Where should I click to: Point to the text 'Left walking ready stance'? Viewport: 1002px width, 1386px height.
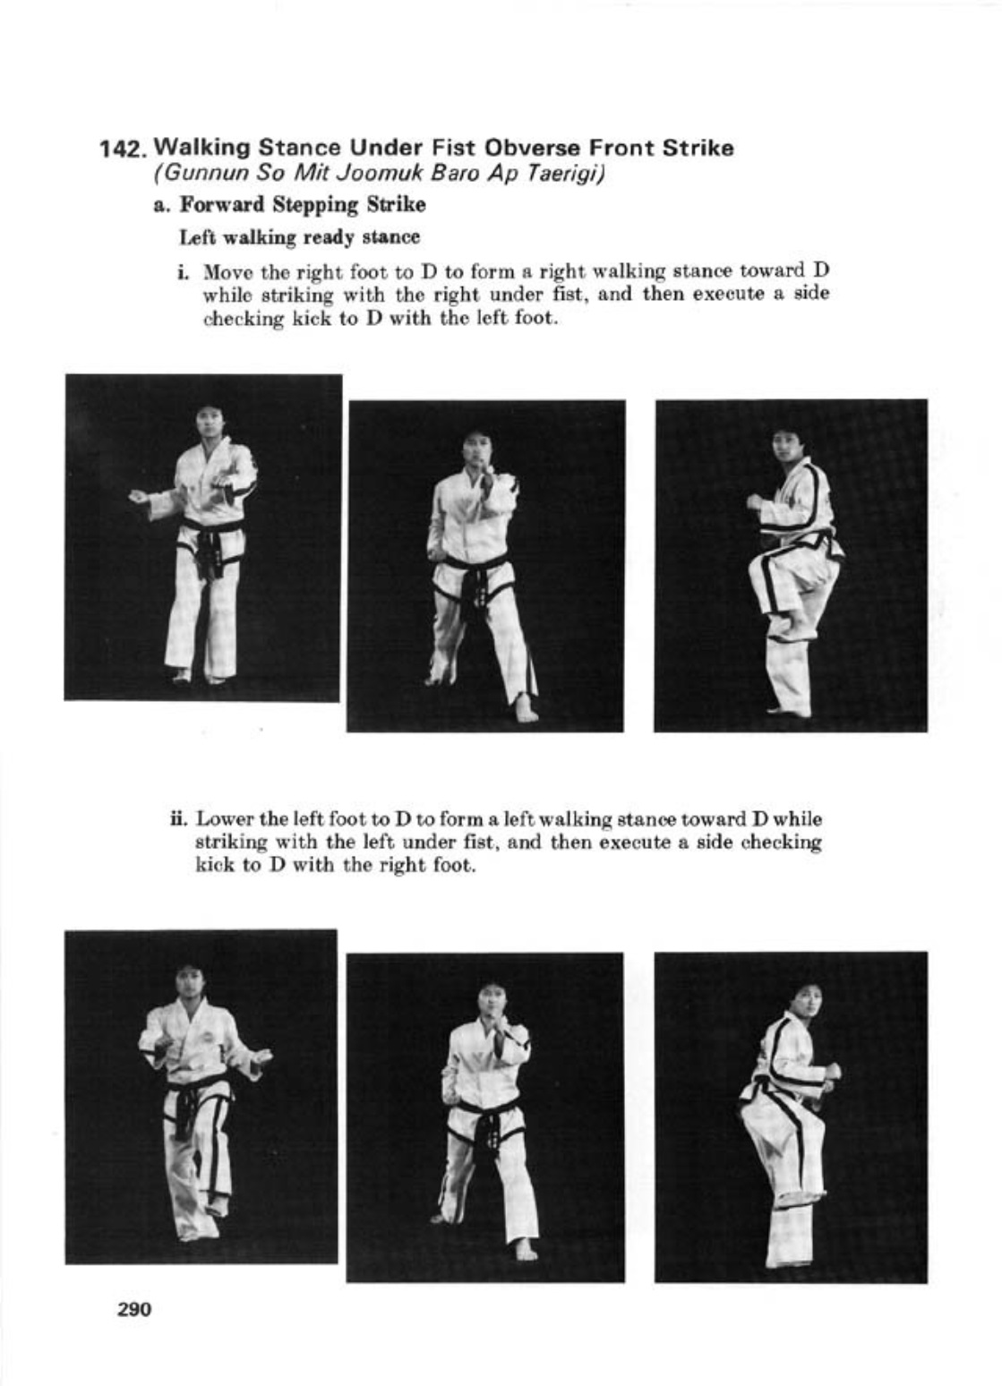[x=299, y=237]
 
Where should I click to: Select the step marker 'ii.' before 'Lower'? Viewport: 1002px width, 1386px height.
[x=178, y=819]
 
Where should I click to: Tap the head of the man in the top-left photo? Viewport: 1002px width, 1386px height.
[x=210, y=423]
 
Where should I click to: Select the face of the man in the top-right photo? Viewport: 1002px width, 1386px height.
[x=788, y=449]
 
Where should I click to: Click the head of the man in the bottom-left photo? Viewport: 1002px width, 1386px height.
[x=187, y=983]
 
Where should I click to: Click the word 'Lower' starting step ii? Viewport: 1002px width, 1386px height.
[x=217, y=819]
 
